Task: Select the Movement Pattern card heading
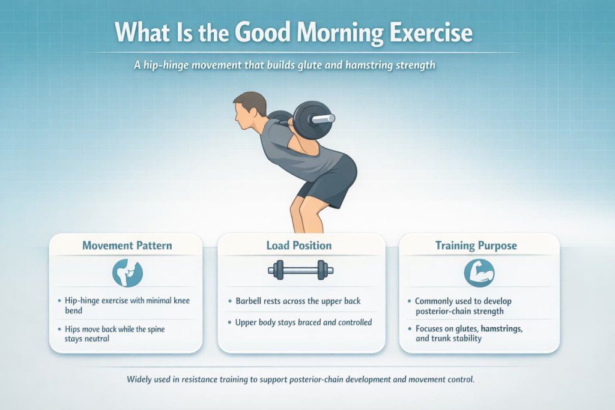click(127, 246)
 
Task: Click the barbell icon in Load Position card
click(300, 270)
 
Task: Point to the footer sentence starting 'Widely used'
click(301, 380)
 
